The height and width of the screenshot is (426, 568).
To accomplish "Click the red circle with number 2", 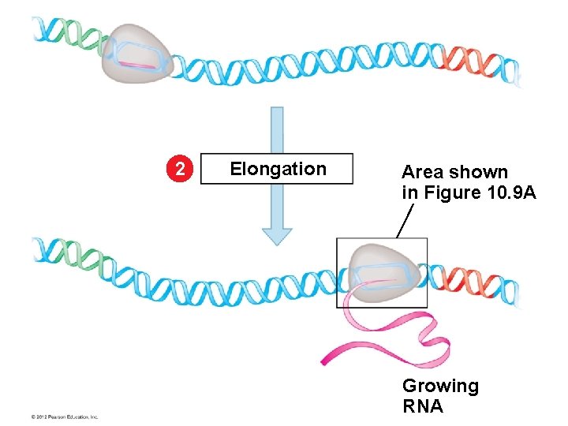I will (181, 169).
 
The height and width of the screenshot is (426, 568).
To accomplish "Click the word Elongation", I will (277, 169).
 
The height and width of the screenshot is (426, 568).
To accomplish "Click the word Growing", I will (440, 386).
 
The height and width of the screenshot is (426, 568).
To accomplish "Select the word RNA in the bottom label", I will (423, 406).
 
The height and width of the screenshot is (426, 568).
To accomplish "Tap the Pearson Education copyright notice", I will (64, 416).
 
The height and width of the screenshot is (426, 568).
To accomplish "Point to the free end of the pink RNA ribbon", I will (326, 362).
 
